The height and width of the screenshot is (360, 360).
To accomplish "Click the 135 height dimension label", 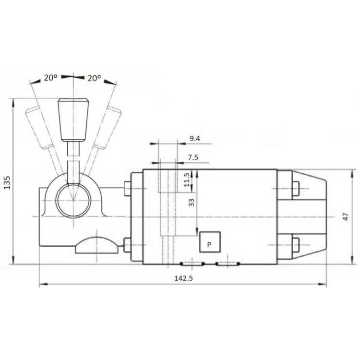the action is [x=7, y=182].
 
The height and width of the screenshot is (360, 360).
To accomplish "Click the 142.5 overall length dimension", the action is [x=183, y=278].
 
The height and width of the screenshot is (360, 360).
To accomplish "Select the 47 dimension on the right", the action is [x=346, y=217].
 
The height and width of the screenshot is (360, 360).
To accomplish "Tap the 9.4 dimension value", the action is [x=195, y=138].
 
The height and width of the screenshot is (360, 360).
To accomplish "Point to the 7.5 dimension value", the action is [x=193, y=157].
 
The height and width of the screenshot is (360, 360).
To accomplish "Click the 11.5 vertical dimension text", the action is [x=187, y=180].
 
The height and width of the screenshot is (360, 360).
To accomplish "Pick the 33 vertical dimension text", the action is [x=191, y=202].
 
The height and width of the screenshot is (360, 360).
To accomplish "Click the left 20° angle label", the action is [x=50, y=78].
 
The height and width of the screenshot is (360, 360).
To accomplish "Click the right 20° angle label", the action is [x=94, y=78].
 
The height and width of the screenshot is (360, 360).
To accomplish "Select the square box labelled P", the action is [x=210, y=242].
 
